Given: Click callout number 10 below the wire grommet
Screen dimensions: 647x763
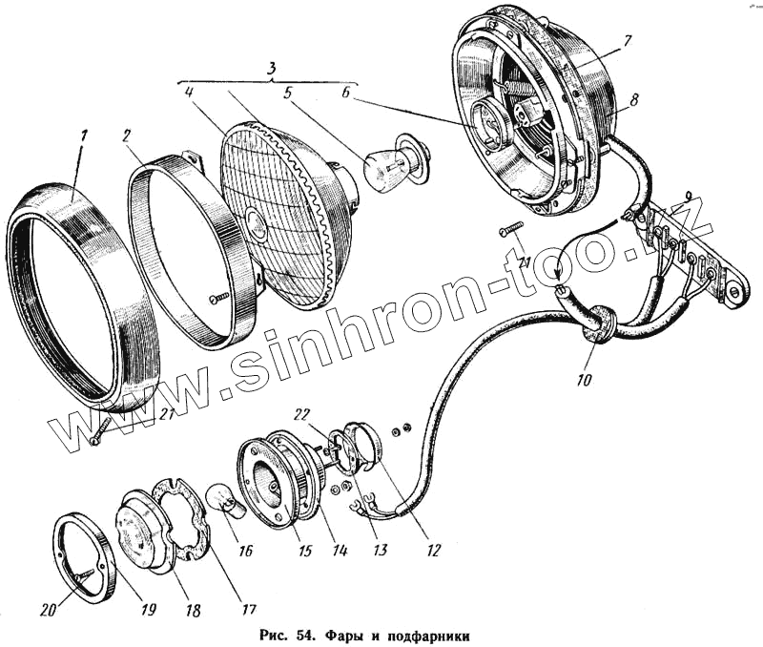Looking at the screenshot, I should (582, 380).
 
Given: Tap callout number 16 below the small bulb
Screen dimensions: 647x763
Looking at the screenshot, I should (246, 551).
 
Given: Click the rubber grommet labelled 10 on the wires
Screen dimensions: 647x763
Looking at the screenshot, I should (597, 323).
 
